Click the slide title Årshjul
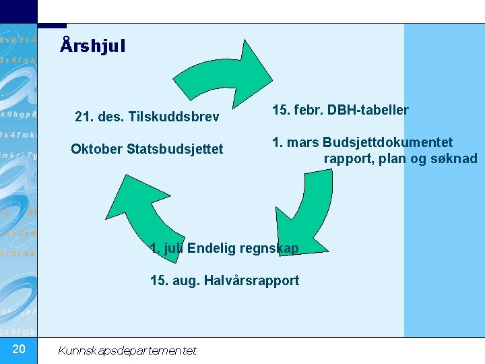point(92,47)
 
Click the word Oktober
point(96,148)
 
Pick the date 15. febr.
point(296,110)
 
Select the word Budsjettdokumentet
point(387,142)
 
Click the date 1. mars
point(295,142)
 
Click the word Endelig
point(211,249)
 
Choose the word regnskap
point(268,249)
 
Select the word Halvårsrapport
point(255,280)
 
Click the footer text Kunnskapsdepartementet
point(127,350)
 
